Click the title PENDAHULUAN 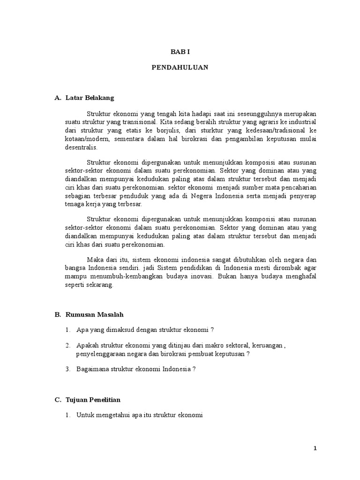(180, 67)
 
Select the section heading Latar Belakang (89, 98)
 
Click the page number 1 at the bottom (315, 449)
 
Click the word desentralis (80, 147)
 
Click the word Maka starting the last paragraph (94, 259)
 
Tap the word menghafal (302, 276)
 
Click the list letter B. (57, 315)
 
